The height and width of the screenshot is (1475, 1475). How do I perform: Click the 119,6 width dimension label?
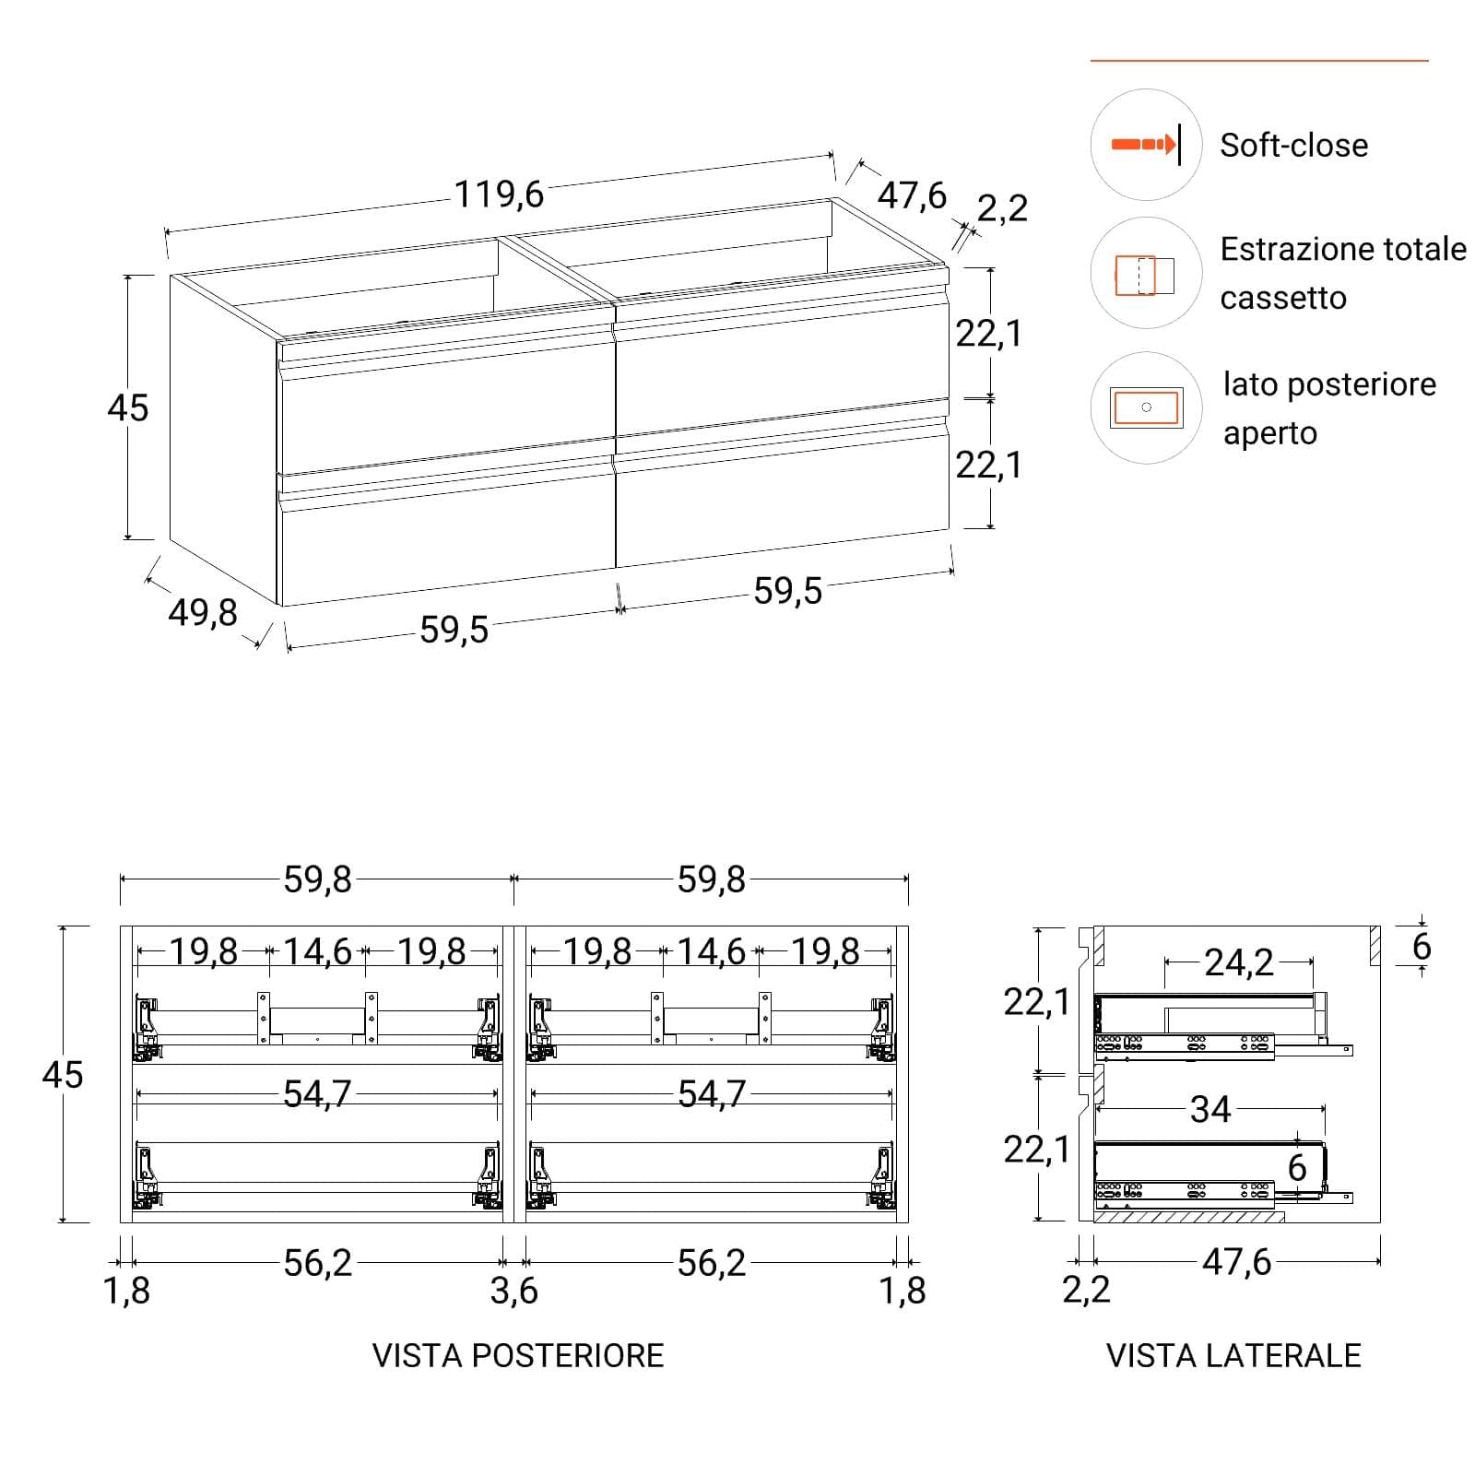tap(499, 195)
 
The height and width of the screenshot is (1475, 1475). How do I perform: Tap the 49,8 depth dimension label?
tap(203, 612)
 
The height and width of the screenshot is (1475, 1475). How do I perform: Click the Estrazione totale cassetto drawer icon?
tap(1145, 275)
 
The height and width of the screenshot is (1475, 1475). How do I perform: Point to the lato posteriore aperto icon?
tap(1146, 407)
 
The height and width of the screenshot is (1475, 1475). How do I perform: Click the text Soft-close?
tap(1293, 145)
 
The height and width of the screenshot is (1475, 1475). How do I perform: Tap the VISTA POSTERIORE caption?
tap(518, 1355)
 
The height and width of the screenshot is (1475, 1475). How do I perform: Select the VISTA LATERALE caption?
tap(1233, 1355)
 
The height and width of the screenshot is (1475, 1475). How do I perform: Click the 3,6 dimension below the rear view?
tap(513, 1292)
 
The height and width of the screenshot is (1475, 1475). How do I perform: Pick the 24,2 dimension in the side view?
tap(1239, 962)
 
